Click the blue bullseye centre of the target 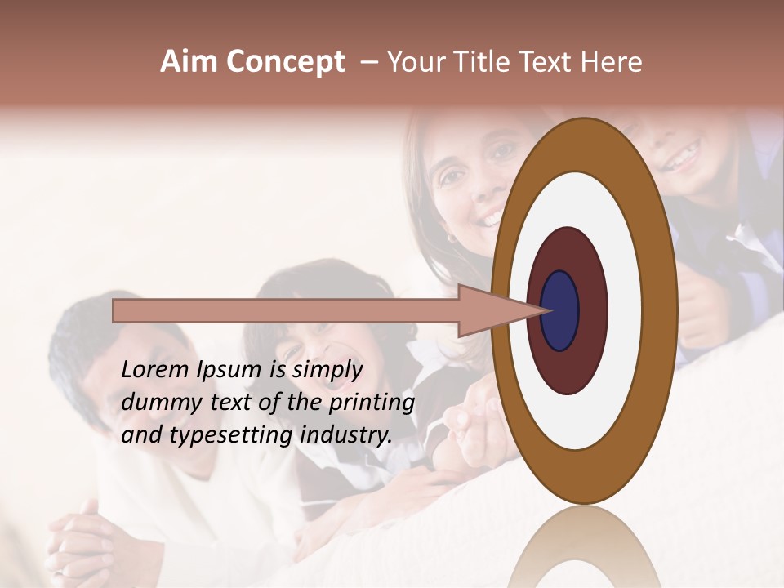point(560,311)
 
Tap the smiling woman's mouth point(491,219)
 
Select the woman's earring point(451,238)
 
